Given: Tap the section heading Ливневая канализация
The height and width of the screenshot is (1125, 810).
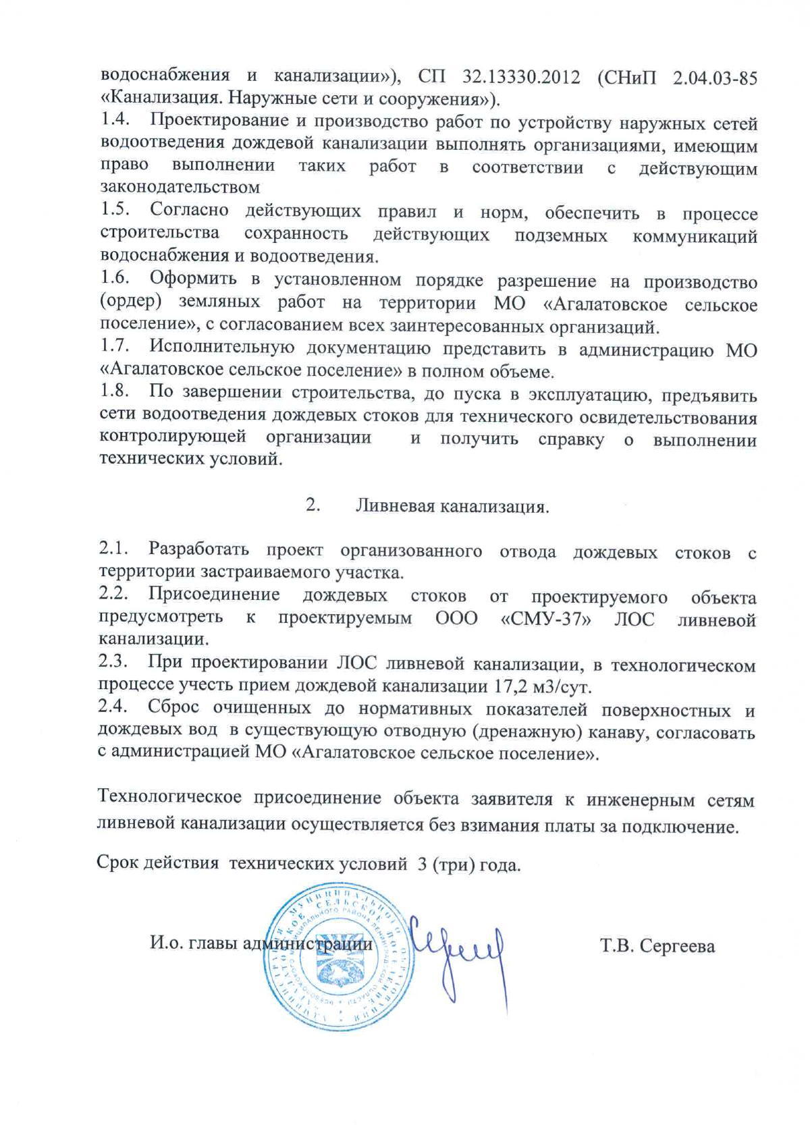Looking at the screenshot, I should pos(452,506).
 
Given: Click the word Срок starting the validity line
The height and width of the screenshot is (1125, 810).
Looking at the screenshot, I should pos(117,865).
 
